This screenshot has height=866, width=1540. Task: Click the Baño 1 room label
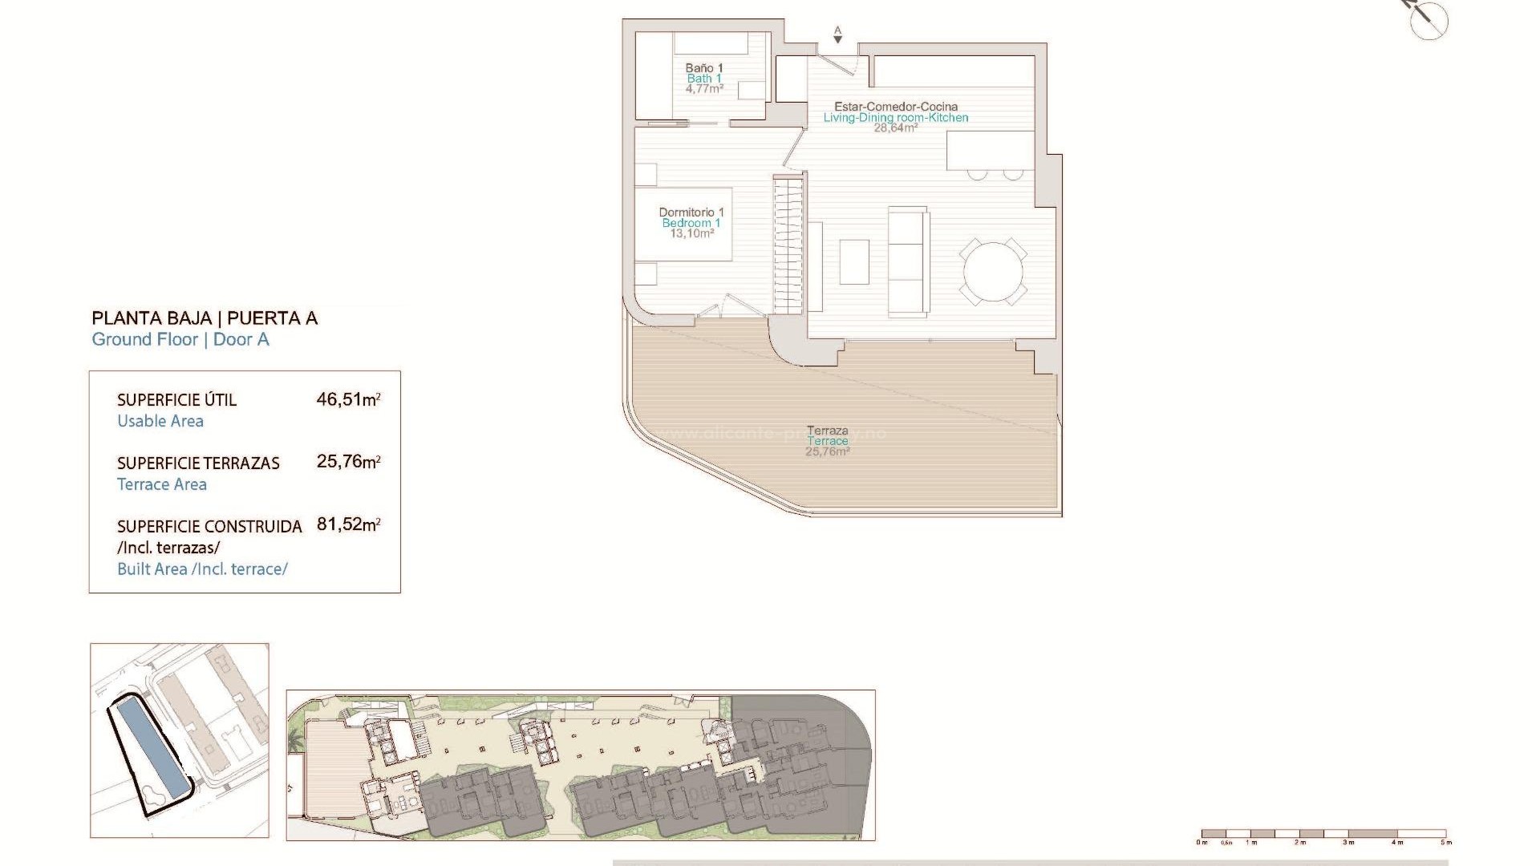pyautogui.click(x=704, y=68)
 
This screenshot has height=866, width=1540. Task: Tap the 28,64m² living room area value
pyautogui.click(x=895, y=128)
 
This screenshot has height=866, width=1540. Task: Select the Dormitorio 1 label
pyautogui.click(x=691, y=212)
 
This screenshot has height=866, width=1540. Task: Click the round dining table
pyautogui.click(x=993, y=272)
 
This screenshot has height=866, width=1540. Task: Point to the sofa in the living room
pyautogui.click(x=909, y=261)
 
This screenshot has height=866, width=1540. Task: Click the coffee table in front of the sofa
pyautogui.click(x=854, y=262)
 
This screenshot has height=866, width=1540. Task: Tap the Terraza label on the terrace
pyautogui.click(x=828, y=431)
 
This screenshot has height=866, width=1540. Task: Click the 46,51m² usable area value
pyautogui.click(x=348, y=399)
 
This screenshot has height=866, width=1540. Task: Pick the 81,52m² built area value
pyautogui.click(x=348, y=524)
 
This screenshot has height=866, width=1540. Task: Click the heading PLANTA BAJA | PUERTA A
pyautogui.click(x=205, y=318)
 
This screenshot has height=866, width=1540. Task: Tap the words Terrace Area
pyautogui.click(x=162, y=484)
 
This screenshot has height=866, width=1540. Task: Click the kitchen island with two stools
pyautogui.click(x=990, y=152)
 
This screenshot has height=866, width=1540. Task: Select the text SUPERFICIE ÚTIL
pyautogui.click(x=176, y=399)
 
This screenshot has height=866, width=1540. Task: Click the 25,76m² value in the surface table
pyautogui.click(x=348, y=462)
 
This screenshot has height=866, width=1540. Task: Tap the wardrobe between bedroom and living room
pyautogui.click(x=788, y=245)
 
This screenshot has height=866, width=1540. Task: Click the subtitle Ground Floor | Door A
pyautogui.click(x=180, y=340)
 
